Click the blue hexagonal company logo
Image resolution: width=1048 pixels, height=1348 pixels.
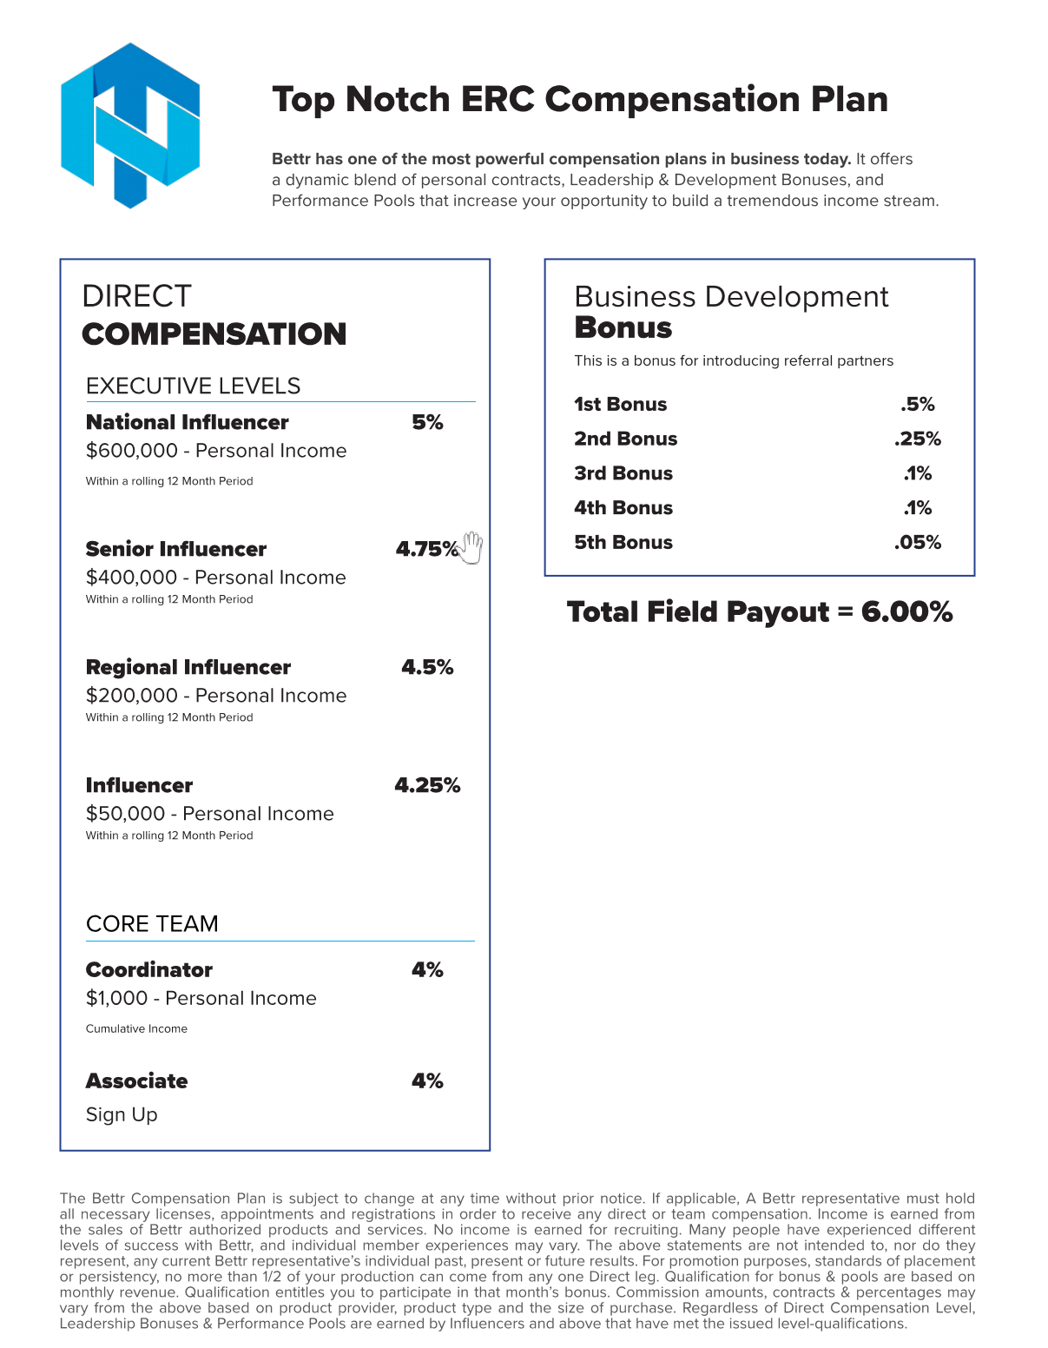130,126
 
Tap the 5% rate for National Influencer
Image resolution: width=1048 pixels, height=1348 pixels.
427,423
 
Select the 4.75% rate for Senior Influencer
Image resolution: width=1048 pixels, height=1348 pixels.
425,549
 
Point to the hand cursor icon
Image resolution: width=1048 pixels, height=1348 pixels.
471,547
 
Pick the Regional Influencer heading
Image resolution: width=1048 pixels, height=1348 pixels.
188,667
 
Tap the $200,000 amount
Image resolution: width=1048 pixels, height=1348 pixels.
132,696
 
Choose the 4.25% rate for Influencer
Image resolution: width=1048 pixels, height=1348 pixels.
427,785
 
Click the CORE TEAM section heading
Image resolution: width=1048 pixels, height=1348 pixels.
152,923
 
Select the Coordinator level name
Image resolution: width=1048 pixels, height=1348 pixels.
149,969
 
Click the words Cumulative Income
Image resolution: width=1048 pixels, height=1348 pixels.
136,1028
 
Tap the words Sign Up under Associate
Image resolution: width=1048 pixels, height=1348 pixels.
122,1114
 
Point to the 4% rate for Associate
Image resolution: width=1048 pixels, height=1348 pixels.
427,1080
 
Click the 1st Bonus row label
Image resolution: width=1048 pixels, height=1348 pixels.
621,404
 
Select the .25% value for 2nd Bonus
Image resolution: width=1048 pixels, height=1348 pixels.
918,439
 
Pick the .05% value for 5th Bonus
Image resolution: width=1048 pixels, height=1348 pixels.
918,542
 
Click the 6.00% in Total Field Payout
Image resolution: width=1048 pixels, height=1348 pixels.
906,611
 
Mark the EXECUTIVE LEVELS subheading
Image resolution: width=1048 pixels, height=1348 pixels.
193,386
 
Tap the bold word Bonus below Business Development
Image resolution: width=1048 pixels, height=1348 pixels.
623,328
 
